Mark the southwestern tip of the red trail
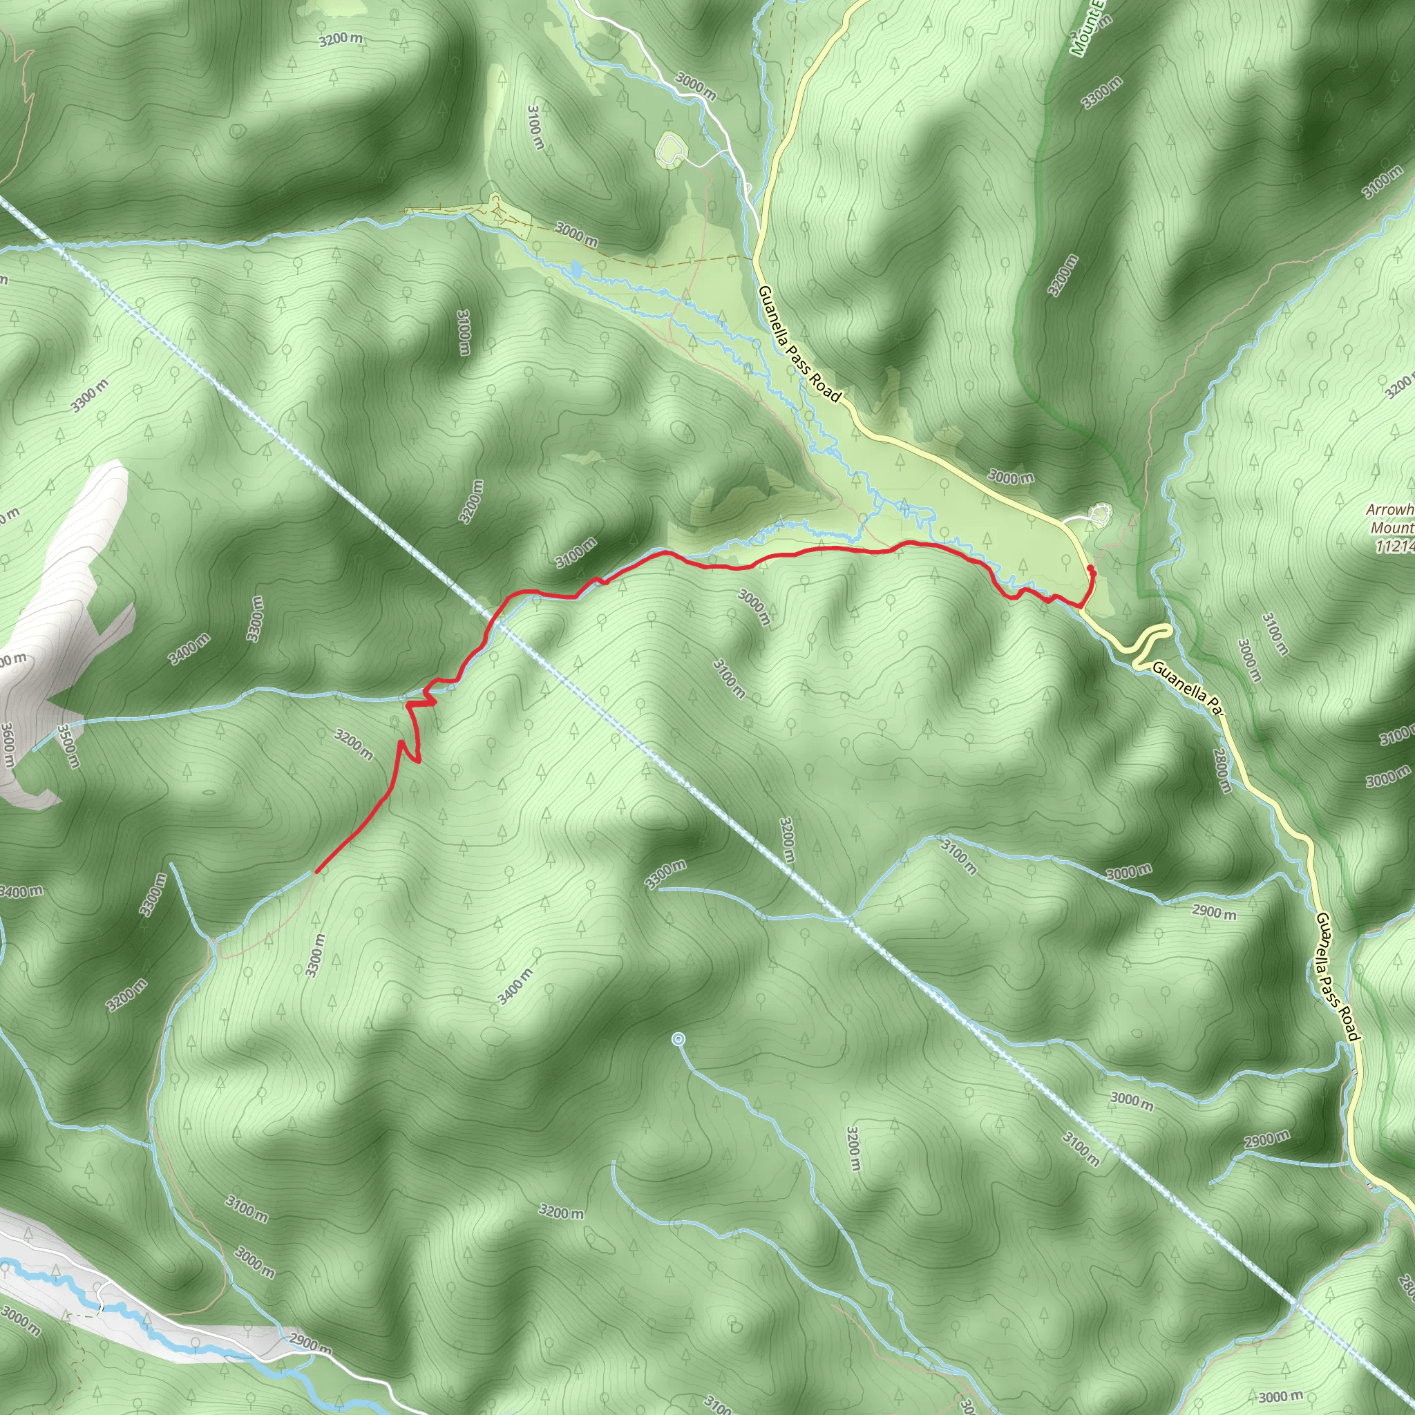(316, 871)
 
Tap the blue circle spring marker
(678, 1038)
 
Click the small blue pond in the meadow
(576, 269)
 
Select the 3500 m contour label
(68, 746)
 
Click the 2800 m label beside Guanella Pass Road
(1222, 770)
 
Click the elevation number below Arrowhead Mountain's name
(1395, 546)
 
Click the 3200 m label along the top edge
(341, 39)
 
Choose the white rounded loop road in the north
(671, 148)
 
